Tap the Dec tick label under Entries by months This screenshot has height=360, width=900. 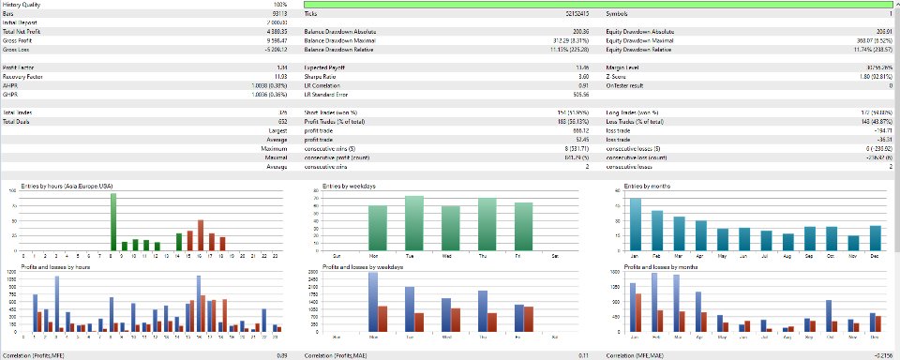tap(875, 256)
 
